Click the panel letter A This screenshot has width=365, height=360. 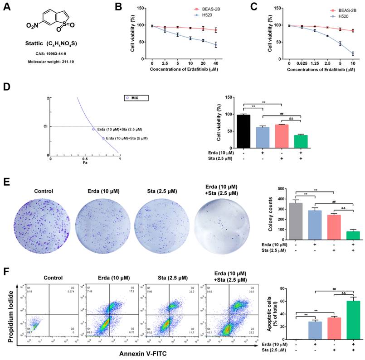[6, 8]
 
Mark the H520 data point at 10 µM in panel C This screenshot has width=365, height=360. [352, 53]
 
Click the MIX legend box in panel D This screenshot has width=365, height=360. [136, 97]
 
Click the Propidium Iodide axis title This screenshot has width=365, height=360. [9, 307]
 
